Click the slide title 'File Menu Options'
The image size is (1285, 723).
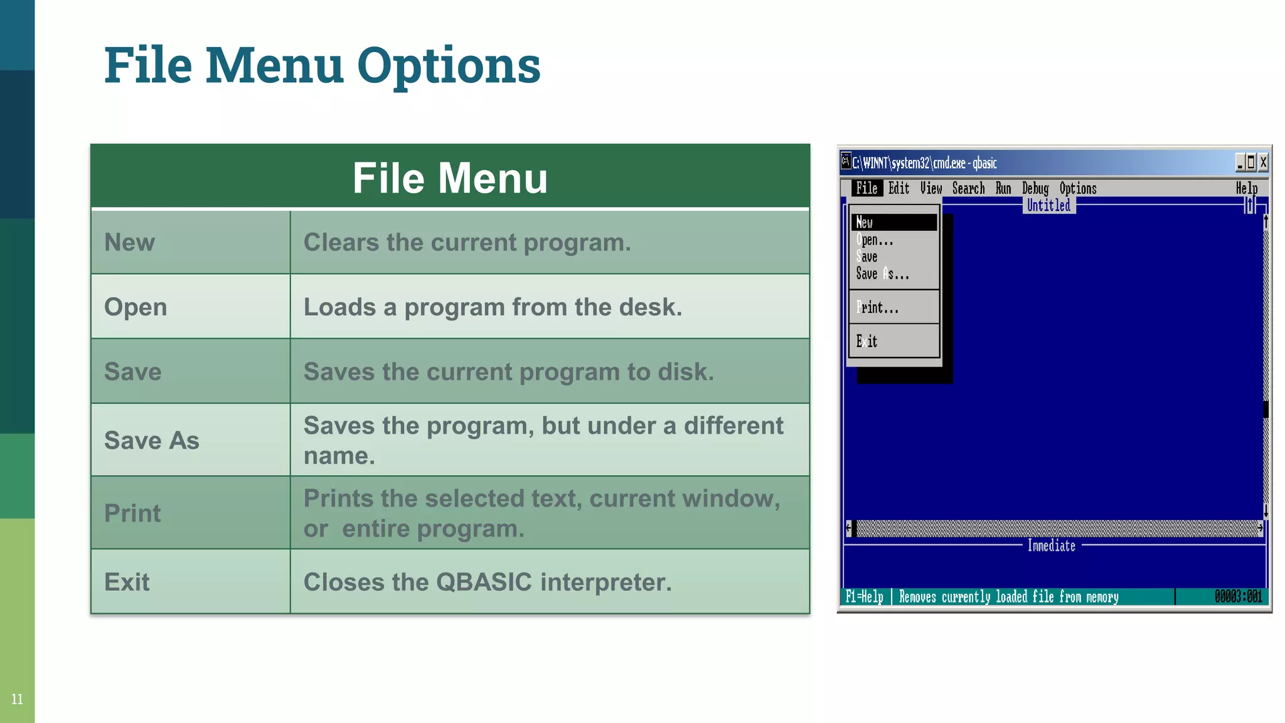[x=322, y=65]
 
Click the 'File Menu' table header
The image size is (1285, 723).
[x=450, y=178]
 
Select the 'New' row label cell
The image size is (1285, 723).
[x=129, y=242]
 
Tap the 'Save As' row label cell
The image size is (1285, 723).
[x=151, y=441]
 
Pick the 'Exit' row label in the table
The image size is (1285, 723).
[x=127, y=582]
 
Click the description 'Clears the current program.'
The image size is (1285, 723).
[x=467, y=242]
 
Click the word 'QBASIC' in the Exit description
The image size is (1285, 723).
[x=484, y=582]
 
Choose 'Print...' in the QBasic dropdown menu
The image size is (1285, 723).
[x=878, y=308]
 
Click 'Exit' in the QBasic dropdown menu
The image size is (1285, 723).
[x=867, y=341]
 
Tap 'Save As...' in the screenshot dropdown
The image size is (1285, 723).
[x=882, y=274]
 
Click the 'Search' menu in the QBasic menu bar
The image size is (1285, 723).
[x=968, y=188]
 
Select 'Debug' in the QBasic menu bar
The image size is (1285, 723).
[x=1035, y=188]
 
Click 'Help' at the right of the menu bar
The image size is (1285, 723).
[x=1246, y=188]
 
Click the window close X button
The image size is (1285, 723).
[x=1263, y=163]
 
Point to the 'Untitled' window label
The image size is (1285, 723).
[x=1048, y=205]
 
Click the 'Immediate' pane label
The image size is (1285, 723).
[x=1051, y=546]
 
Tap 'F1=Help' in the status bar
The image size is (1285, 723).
[x=864, y=597]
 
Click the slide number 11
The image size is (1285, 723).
[x=17, y=699]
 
